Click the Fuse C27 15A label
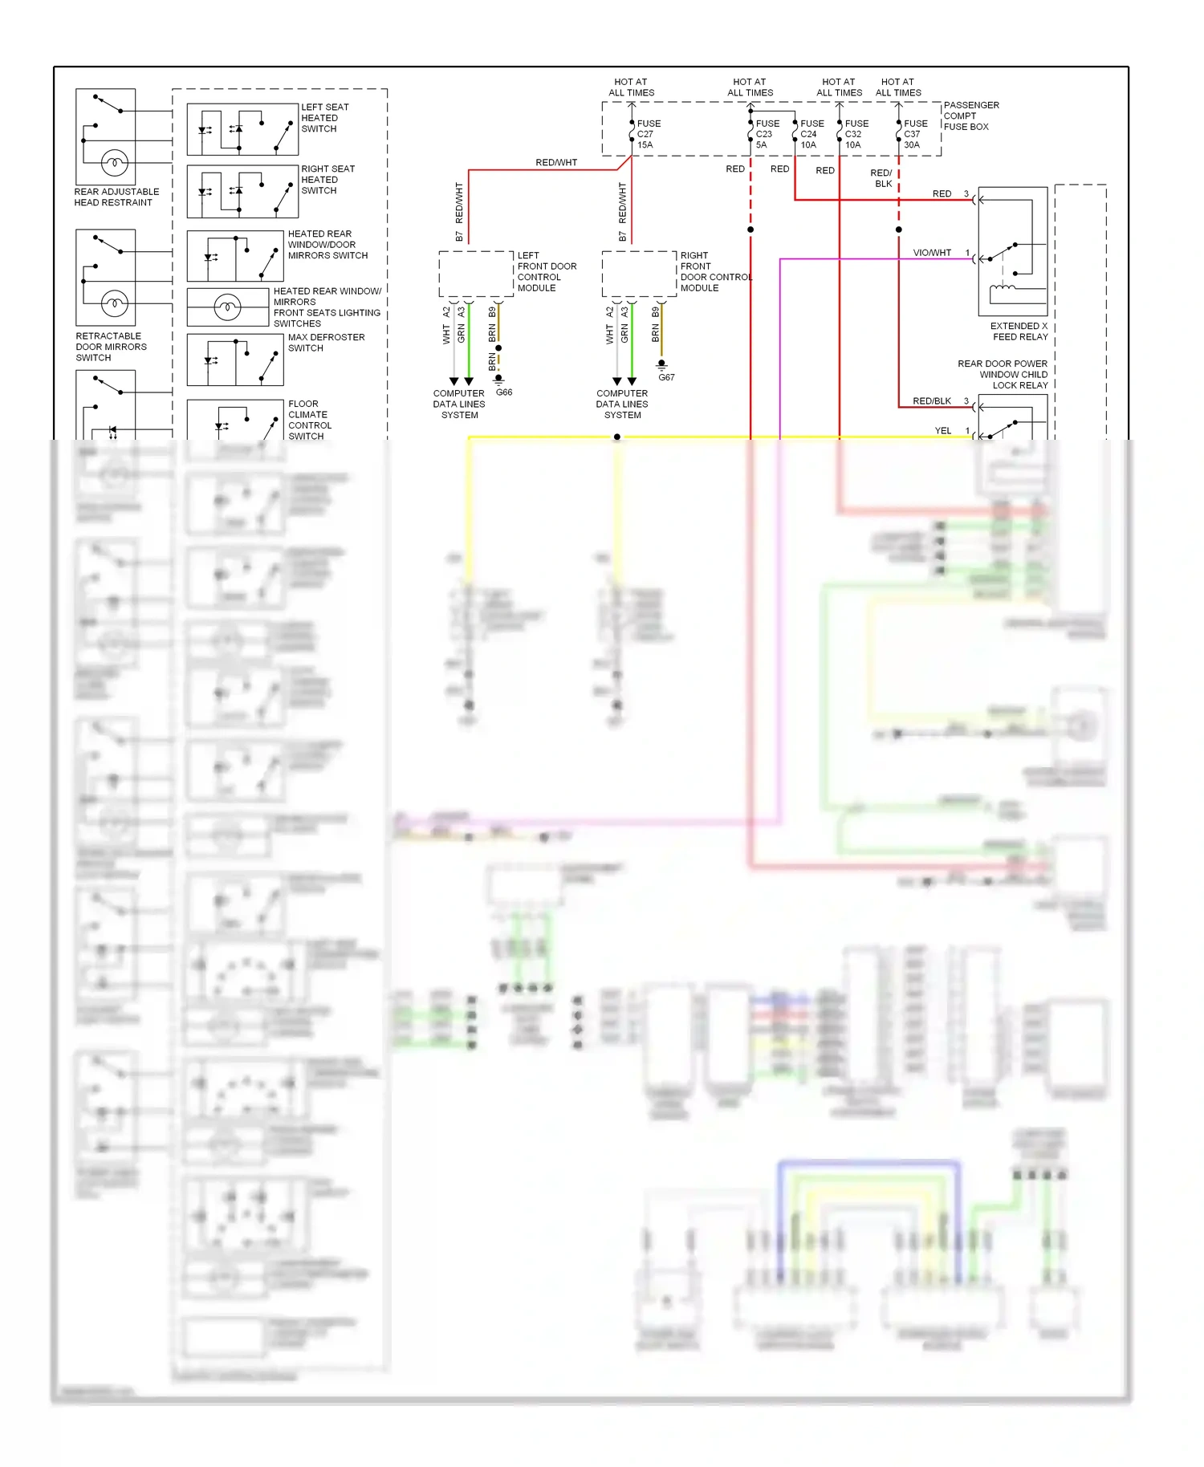tap(648, 134)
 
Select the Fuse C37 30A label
tap(915, 134)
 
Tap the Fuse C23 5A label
tap(767, 134)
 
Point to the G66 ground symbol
tap(498, 378)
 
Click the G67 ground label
tap(666, 377)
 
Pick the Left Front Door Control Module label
tap(546, 271)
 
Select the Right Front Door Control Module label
tap(714, 271)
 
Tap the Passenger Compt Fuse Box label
tap(970, 116)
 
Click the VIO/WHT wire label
tap(931, 253)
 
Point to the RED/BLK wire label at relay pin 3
tap(931, 400)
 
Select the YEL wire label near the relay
tap(942, 431)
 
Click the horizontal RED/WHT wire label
tap(556, 162)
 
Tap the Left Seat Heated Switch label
tap(324, 118)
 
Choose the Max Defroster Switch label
tap(325, 343)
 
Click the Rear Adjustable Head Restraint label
tap(116, 197)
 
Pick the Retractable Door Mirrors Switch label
tap(111, 347)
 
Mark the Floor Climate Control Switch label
tap(309, 420)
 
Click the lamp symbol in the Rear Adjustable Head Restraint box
tap(114, 163)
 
